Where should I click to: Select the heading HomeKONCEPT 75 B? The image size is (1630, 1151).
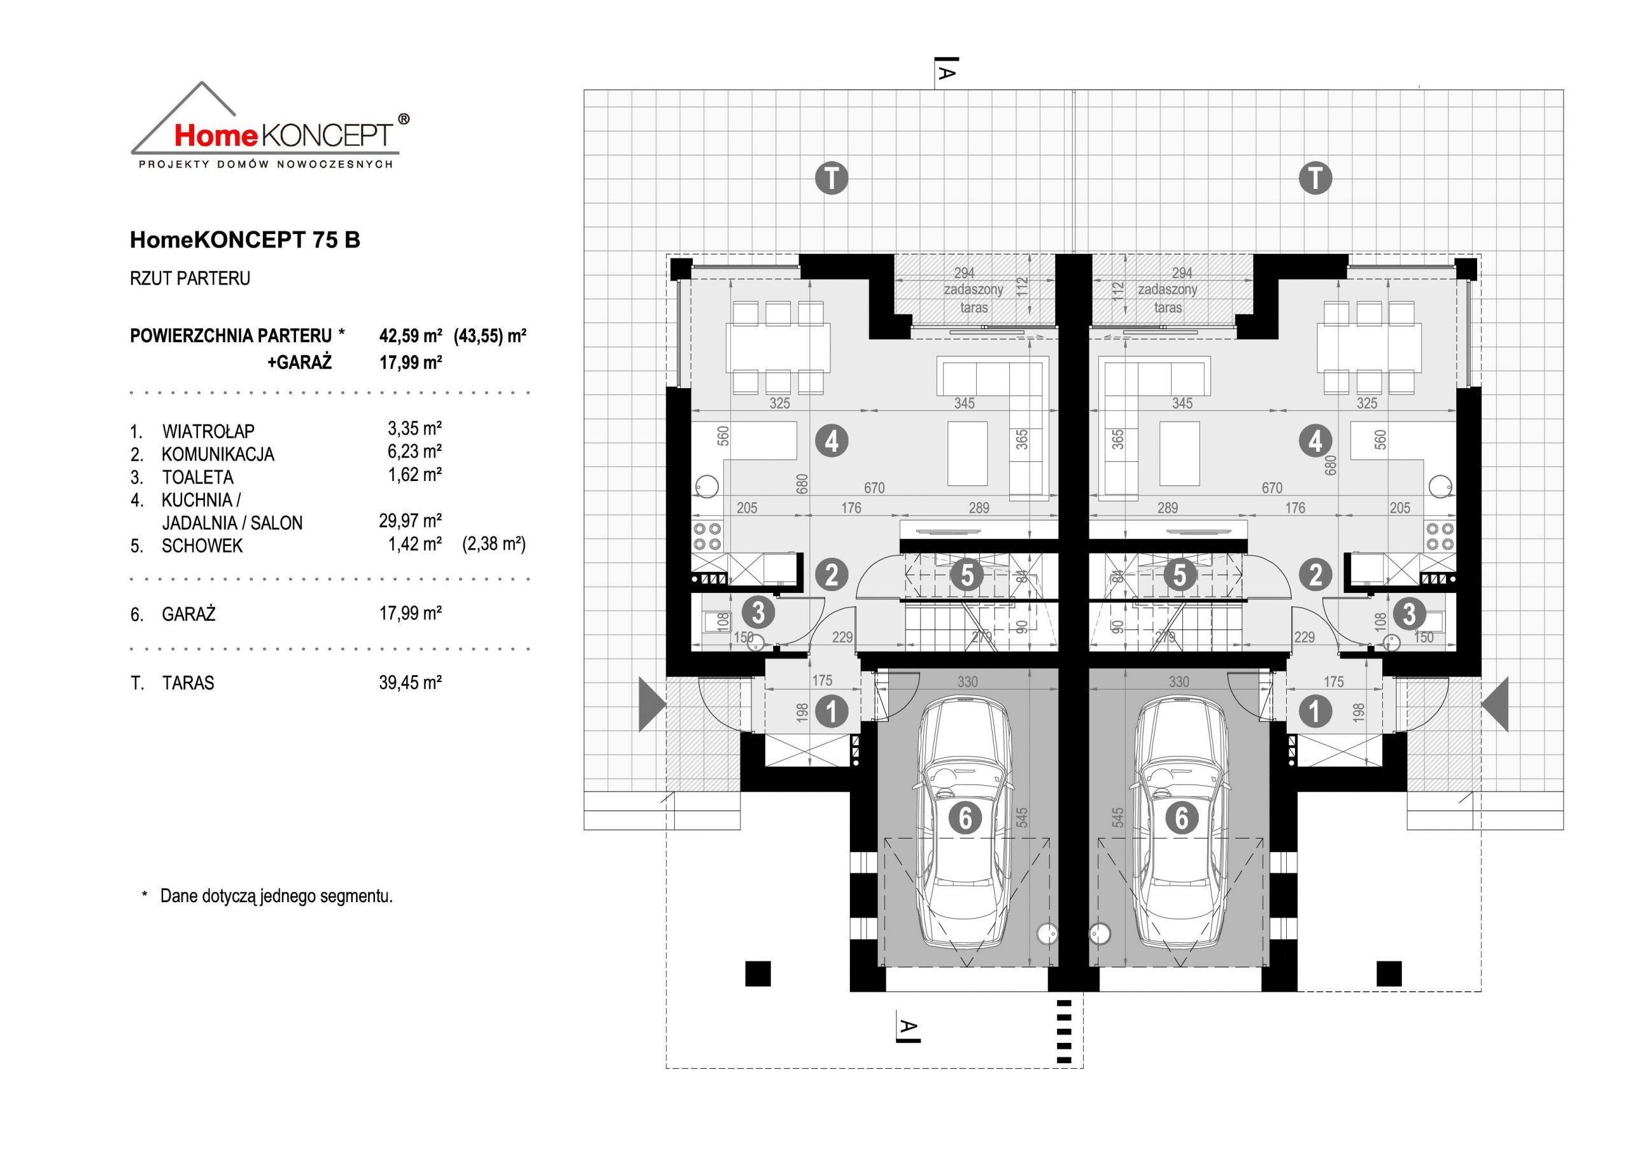pyautogui.click(x=245, y=240)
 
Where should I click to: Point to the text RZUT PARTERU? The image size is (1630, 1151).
pyautogui.click(x=190, y=278)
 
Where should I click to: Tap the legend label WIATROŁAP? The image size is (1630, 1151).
pyautogui.click(x=208, y=431)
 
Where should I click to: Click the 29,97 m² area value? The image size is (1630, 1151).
pyautogui.click(x=410, y=522)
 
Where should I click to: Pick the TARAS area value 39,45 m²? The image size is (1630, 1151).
pyautogui.click(x=410, y=683)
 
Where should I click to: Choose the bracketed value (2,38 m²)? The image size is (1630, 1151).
pyautogui.click(x=493, y=544)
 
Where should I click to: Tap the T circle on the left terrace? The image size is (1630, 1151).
pyautogui.click(x=832, y=178)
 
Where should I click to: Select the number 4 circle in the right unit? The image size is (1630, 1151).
pyautogui.click(x=1315, y=441)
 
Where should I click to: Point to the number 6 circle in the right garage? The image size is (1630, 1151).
pyautogui.click(x=1181, y=818)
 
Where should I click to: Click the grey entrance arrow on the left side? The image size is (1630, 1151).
pyautogui.click(x=653, y=704)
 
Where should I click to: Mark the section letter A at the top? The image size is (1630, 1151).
pyautogui.click(x=946, y=73)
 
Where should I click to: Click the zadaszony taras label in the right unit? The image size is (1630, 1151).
pyautogui.click(x=1168, y=299)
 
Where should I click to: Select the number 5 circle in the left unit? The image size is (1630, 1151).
pyautogui.click(x=967, y=575)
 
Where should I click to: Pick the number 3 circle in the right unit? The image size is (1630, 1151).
pyautogui.click(x=1408, y=615)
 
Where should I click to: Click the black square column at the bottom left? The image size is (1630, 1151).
pyautogui.click(x=758, y=973)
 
